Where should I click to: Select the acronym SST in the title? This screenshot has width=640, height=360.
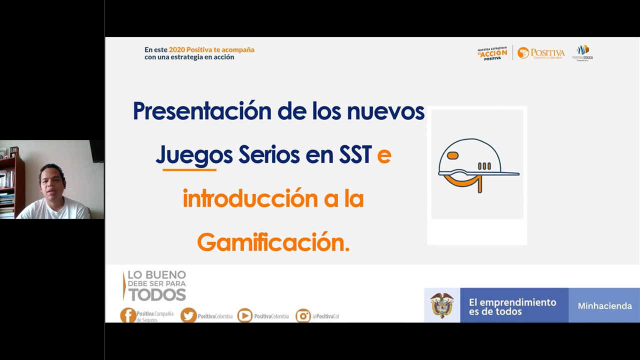point(354,155)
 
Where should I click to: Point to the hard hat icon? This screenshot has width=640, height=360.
point(477,165)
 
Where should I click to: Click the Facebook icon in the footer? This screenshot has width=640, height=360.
point(128,315)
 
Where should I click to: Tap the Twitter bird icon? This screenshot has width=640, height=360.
point(188,315)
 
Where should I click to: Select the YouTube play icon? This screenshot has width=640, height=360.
point(244,315)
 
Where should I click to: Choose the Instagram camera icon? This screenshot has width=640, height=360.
point(303,315)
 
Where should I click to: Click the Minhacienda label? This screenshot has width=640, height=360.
point(604,306)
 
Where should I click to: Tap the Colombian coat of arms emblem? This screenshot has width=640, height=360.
point(442,305)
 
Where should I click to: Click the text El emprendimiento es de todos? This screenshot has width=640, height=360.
point(512,306)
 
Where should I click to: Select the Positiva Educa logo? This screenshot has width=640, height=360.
point(582,52)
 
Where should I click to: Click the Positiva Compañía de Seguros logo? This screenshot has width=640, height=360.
point(541,53)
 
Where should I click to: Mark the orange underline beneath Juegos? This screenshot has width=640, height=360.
point(189,170)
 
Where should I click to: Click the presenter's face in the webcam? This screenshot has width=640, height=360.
point(53,181)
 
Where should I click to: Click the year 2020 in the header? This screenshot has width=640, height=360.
point(177,49)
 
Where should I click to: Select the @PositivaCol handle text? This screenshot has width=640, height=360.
point(326,316)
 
